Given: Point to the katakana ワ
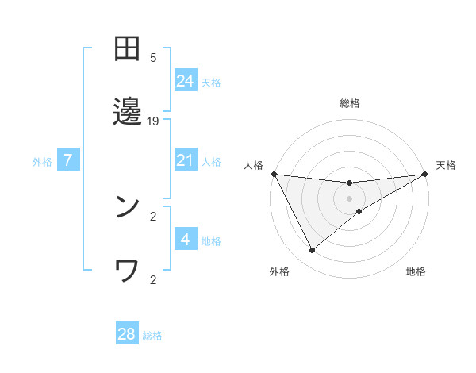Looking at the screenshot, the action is click(x=127, y=271).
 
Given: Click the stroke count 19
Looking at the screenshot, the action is click(x=154, y=121).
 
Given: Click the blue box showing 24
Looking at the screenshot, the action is click(x=186, y=81).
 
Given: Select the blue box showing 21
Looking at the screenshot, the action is click(x=186, y=160).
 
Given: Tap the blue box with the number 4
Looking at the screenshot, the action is click(x=186, y=240).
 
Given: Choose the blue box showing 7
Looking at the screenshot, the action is click(x=68, y=160).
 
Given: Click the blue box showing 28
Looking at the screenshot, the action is click(x=127, y=334).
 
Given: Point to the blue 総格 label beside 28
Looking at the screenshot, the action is click(x=152, y=336).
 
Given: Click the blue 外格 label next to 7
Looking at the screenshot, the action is click(x=42, y=161).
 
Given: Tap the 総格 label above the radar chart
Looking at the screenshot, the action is click(x=350, y=103).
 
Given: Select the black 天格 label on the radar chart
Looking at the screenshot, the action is click(x=447, y=165).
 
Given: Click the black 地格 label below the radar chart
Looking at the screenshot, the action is click(x=416, y=271).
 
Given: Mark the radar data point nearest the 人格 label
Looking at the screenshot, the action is click(x=274, y=174).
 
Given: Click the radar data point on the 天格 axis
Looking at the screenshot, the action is click(x=424, y=174).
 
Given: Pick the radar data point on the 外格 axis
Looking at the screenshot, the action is click(x=312, y=251).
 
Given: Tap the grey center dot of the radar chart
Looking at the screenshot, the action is click(x=350, y=198).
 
